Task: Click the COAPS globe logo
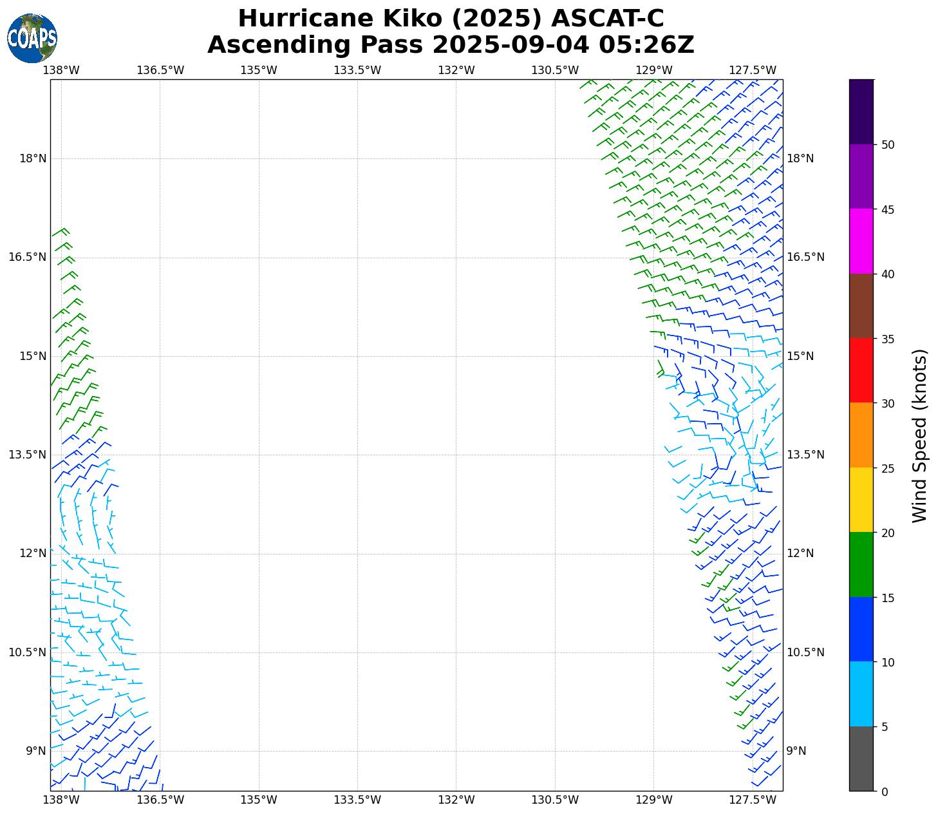tap(32, 38)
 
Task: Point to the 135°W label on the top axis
tap(258, 70)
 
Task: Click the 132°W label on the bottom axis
tap(456, 800)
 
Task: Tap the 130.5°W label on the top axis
tap(554, 70)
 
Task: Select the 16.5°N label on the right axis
tap(805, 257)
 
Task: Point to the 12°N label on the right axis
tap(800, 553)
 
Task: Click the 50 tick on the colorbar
tap(888, 145)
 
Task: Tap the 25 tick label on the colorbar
tap(888, 468)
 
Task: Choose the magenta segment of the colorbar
tap(861, 241)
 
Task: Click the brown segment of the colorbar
tap(861, 306)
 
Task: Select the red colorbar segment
tap(861, 370)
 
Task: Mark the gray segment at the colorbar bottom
tap(861, 759)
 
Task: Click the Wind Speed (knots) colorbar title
tap(920, 435)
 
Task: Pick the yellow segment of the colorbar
tap(861, 500)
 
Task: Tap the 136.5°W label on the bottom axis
tap(160, 800)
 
